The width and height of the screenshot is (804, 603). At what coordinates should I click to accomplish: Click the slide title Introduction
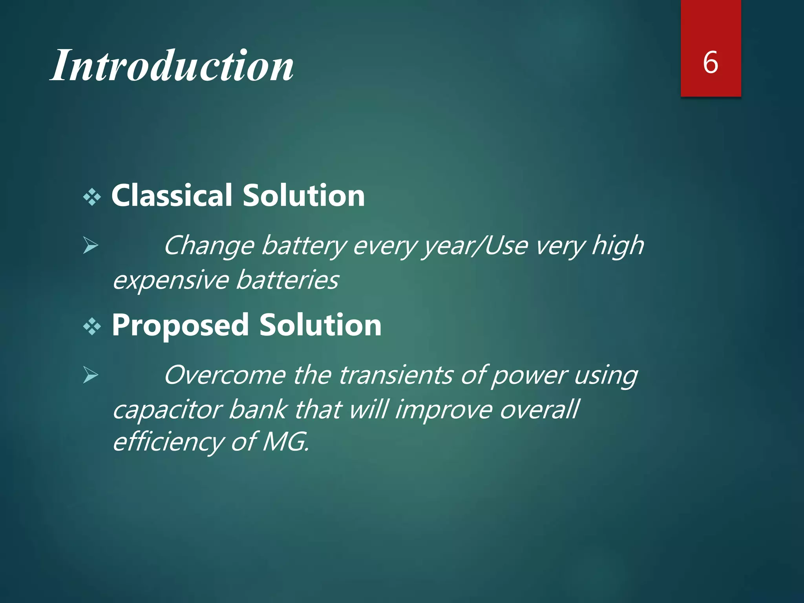point(172,66)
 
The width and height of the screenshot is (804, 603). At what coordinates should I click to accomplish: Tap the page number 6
point(711,63)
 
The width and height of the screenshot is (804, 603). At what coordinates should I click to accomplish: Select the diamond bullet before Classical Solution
point(92,197)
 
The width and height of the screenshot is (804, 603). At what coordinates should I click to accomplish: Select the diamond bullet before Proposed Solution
point(92,327)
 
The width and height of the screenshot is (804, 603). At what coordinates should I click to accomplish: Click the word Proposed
point(181,326)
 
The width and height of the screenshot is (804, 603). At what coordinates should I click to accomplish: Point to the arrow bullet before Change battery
point(91,247)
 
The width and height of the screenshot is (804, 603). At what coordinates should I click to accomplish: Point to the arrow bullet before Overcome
point(91,376)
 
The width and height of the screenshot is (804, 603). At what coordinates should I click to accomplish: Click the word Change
point(209,246)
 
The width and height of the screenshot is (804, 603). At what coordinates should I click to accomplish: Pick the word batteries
point(287,280)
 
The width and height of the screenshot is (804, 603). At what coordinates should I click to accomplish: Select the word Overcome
point(225,375)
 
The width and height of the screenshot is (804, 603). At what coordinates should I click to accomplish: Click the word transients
point(396,375)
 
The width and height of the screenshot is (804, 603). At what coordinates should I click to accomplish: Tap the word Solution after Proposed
point(320,326)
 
